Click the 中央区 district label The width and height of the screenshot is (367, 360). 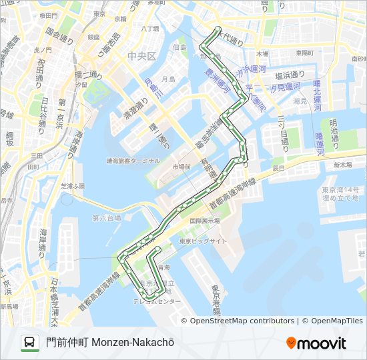pyautogui.click(x=141, y=55)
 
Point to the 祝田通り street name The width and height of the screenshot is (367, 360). pyautogui.click(x=41, y=70)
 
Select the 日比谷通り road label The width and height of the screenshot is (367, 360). pyautogui.click(x=45, y=109)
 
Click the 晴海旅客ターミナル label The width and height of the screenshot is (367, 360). pyautogui.click(x=133, y=161)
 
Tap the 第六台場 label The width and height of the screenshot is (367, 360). pyautogui.click(x=107, y=218)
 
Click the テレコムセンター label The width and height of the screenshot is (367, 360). pyautogui.click(x=157, y=301)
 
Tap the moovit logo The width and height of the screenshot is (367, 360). pyautogui.click(x=316, y=343)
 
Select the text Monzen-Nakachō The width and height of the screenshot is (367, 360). pyautogui.click(x=133, y=343)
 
